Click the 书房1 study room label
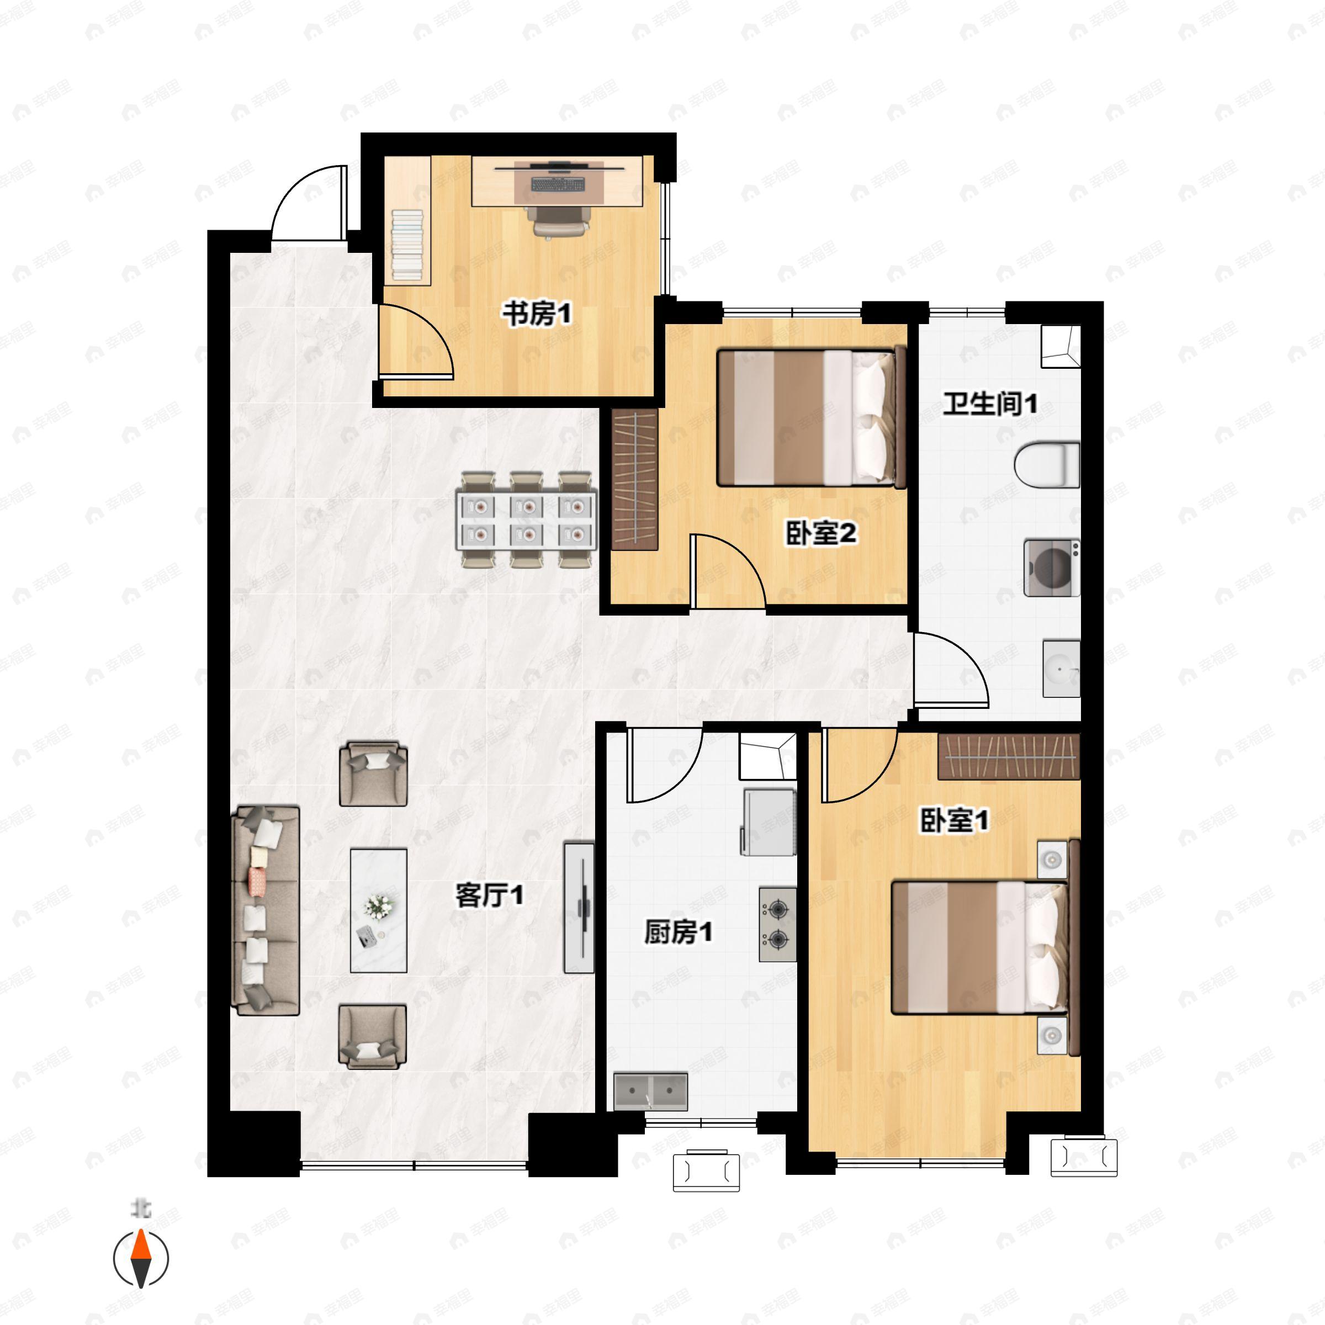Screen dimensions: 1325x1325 pos(537,315)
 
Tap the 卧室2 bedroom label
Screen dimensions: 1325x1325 pos(821,533)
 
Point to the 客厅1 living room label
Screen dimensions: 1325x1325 pos(490,895)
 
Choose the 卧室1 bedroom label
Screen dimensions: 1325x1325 pos(954,820)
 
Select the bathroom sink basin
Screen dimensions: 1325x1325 pos(1062,669)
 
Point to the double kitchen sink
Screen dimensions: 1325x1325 pos(651,1092)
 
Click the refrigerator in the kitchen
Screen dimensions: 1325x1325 pos(768,822)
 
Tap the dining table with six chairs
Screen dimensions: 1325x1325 pos(527,519)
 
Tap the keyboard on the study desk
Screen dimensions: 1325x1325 pos(559,184)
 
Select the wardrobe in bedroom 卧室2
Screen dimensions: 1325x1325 pos(634,479)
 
